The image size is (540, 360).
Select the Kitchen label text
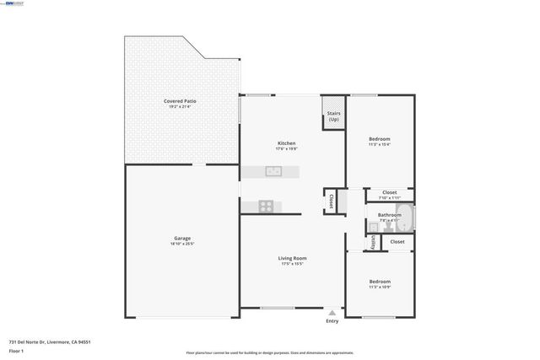[287, 143]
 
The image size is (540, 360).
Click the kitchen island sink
[273, 171]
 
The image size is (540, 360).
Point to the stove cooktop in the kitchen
[267, 205]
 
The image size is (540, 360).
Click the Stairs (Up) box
[333, 117]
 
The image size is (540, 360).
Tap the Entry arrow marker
[332, 312]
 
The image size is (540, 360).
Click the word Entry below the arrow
[332, 321]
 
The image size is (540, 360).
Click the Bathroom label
[389, 215]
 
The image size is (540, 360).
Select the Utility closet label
[373, 242]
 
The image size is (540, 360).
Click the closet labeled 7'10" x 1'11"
[389, 195]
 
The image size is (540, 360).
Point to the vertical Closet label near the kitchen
[332, 201]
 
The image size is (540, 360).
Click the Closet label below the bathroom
[397, 242]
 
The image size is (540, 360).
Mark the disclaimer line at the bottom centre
[270, 352]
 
